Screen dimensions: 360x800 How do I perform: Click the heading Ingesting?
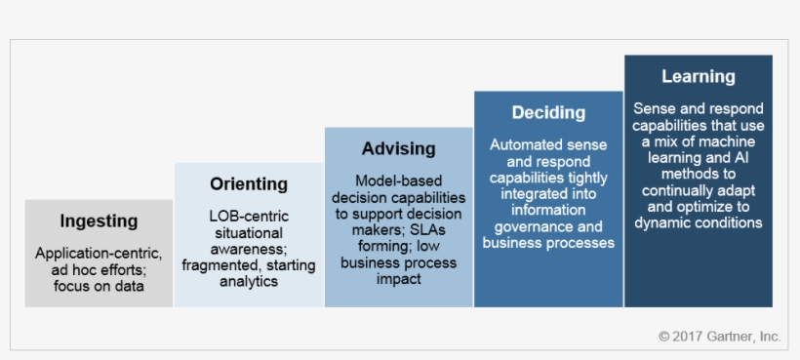[x=99, y=221]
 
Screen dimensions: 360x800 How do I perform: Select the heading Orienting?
[x=249, y=183]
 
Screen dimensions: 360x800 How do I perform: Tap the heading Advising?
[x=398, y=149]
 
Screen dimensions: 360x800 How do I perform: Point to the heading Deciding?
[x=548, y=113]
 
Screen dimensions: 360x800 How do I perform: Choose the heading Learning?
[x=698, y=77]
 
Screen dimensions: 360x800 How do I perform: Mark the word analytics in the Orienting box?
[x=249, y=282]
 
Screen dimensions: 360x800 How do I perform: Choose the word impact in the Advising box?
[x=398, y=280]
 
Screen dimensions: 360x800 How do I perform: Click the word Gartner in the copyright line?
[x=734, y=337]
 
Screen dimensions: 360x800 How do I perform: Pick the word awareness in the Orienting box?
[x=248, y=249]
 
